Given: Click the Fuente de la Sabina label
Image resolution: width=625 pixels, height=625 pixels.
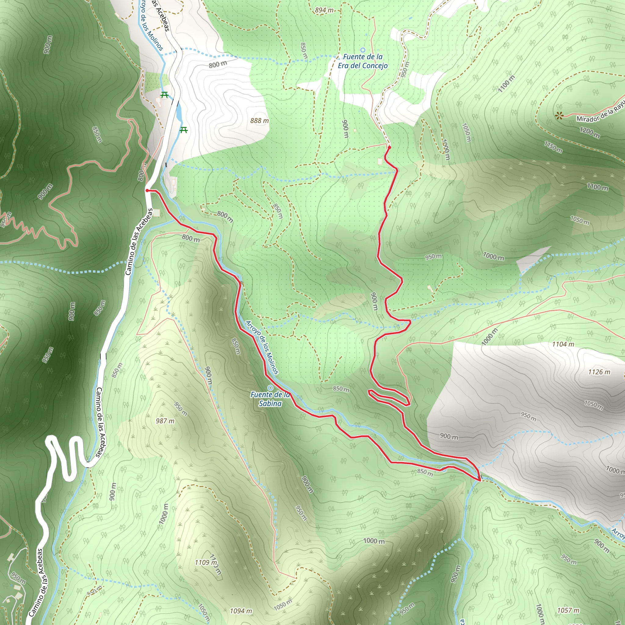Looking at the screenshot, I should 270,399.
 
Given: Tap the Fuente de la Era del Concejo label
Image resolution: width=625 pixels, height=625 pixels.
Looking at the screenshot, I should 363,61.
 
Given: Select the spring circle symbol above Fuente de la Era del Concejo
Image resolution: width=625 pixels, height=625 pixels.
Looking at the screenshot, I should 363,50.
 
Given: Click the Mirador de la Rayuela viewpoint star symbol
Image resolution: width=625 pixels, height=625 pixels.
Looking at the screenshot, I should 559,115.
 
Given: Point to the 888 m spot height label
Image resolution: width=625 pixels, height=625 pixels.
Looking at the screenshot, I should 259,121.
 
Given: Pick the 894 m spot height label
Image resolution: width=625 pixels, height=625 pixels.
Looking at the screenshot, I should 324,10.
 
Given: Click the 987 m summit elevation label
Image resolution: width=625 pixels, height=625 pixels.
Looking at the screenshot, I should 165,421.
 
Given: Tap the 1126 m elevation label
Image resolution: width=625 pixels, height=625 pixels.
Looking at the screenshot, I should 599,372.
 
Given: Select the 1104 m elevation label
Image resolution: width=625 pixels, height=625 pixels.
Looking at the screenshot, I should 563,344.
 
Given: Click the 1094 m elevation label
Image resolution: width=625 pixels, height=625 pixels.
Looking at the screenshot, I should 241,611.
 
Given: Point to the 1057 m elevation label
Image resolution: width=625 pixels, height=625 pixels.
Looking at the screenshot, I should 568,610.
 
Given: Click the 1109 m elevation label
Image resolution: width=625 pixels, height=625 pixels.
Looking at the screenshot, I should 206,562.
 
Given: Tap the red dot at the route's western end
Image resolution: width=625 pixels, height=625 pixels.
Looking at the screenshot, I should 147,190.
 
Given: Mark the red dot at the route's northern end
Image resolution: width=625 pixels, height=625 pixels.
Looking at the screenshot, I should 389,147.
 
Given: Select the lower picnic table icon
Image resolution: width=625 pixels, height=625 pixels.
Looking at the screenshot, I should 184,130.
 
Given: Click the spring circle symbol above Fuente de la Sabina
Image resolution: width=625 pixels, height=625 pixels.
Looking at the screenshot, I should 270,388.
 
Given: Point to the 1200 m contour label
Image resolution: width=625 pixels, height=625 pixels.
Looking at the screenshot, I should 589,133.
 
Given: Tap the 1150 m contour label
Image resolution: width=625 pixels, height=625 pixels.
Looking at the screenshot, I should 553,147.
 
